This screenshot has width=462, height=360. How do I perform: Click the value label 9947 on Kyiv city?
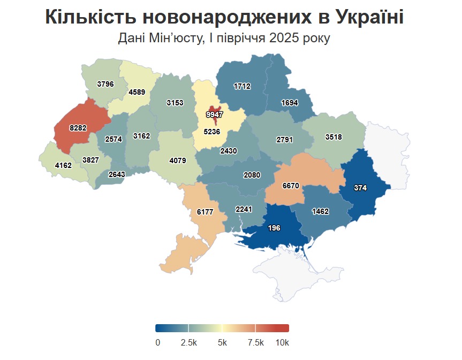coord(214,114)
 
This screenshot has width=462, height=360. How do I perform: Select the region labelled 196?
coord(274,228)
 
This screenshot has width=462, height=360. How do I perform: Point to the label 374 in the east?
coord(360,188)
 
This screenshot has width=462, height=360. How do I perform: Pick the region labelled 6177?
coord(205,212)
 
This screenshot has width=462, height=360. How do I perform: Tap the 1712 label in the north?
coord(242,86)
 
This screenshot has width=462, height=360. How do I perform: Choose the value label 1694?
coord(289,103)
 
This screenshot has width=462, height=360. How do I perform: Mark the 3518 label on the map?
coord(334,137)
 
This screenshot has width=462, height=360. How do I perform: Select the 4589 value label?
coord(137,92)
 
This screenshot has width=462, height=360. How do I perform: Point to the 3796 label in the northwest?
coord(105,83)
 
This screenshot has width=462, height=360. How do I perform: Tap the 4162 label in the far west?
coord(63,165)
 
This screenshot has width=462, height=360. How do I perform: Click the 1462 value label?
coord(320,211)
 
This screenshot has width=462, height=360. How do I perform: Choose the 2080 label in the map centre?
coord(252,175)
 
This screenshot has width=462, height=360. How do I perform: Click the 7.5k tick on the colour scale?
coord(256,342)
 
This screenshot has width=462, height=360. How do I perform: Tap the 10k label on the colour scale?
coord(282,342)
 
